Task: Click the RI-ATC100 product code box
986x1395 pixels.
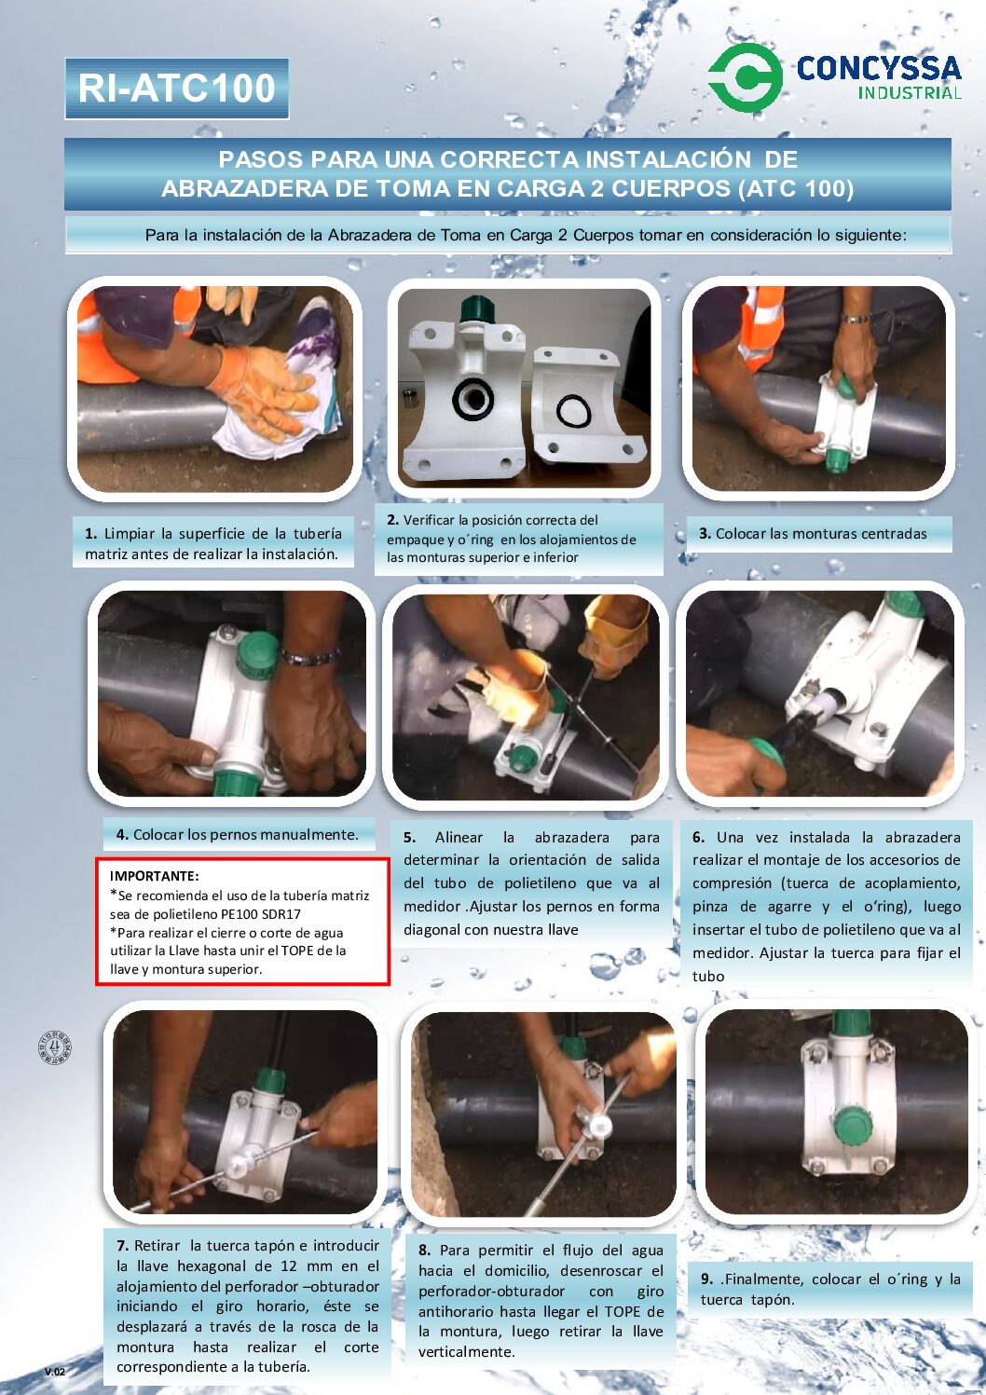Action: [177, 89]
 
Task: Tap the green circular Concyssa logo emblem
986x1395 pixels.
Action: [746, 77]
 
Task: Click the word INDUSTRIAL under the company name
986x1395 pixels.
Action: [910, 93]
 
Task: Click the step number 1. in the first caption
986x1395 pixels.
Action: [91, 534]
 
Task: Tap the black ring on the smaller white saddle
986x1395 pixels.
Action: [574, 411]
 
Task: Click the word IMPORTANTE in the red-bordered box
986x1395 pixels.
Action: [155, 876]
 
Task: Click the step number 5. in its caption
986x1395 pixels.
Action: [409, 838]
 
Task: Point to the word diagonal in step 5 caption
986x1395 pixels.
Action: [431, 930]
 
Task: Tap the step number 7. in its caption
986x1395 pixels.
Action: [123, 1246]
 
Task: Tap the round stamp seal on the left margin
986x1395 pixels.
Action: [54, 1046]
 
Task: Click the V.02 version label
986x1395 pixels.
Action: [55, 1372]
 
